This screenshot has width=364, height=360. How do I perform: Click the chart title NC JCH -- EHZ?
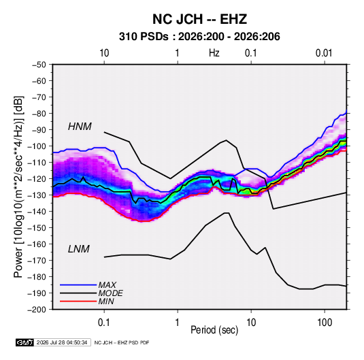[x=199, y=19]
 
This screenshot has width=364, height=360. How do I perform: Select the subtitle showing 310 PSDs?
[x=199, y=37]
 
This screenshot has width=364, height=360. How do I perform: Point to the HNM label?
[x=80, y=127]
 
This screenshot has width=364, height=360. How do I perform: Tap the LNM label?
[x=79, y=249]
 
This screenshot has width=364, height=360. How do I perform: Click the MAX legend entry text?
[x=107, y=285]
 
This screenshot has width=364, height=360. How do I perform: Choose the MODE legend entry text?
[x=110, y=293]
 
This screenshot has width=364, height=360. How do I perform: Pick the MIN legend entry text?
[x=106, y=301]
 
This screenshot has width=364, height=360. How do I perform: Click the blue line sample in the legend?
[x=78, y=285]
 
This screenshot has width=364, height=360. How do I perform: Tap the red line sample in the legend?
[x=78, y=301]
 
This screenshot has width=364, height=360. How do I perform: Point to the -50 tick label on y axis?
[x=39, y=65]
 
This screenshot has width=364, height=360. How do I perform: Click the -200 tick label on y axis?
[x=37, y=310]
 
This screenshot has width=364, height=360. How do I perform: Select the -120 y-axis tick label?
[x=37, y=179]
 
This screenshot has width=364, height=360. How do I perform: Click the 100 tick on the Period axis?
[x=325, y=323]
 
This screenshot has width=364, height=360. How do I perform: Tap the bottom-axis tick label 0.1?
[x=104, y=323]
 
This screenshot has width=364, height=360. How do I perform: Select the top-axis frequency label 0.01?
[x=324, y=53]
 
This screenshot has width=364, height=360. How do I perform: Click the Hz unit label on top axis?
[x=214, y=53]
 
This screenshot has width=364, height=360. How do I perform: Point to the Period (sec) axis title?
[x=214, y=330]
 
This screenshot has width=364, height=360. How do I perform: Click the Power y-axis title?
[x=19, y=187]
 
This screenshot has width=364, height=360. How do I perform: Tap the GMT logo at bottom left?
[x=25, y=342]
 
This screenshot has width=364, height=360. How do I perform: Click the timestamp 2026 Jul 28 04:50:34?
[x=62, y=342]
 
